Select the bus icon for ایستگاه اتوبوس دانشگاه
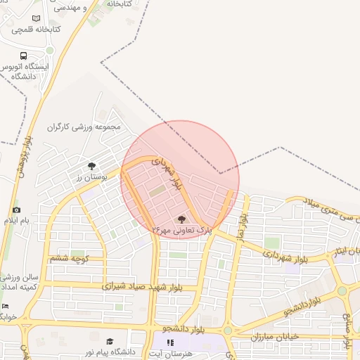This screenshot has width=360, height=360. [24, 56]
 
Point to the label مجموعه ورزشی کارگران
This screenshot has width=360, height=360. [85, 128]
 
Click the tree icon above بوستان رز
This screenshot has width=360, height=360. [92, 166]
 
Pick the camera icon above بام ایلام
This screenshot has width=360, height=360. [16, 210]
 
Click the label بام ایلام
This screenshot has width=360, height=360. [17, 221]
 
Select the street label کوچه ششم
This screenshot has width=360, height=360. [68, 259]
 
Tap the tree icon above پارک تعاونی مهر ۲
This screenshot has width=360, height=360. [183, 219]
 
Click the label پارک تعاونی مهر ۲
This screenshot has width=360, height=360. [181, 230]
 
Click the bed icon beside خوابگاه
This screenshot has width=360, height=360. [6, 306]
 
